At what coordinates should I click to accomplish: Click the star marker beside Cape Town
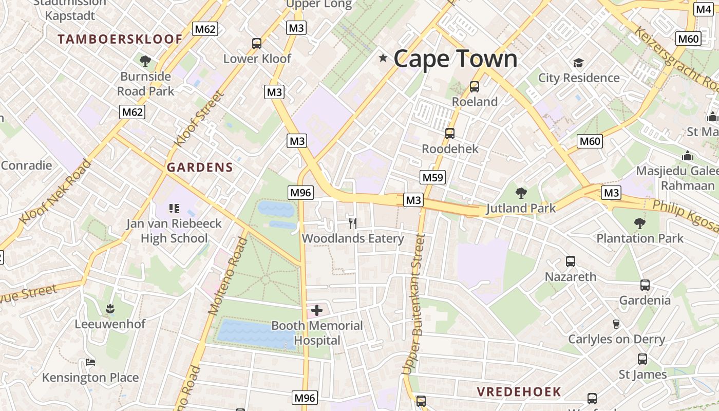[x=383, y=58]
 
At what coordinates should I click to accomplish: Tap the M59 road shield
[x=432, y=178]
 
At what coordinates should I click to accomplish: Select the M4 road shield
[x=703, y=9]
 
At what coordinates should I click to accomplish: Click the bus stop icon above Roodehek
[x=450, y=134]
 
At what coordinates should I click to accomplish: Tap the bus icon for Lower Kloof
[x=257, y=44]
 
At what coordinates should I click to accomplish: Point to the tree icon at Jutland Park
[x=521, y=193]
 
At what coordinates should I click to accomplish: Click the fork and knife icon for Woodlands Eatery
[x=352, y=223]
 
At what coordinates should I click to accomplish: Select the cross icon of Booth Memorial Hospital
[x=317, y=310]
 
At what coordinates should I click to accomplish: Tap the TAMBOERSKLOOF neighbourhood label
[x=120, y=39]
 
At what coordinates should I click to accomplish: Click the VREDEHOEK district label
[x=519, y=392]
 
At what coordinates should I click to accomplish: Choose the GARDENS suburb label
[x=200, y=167]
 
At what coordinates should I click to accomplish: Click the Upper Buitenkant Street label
[x=414, y=304]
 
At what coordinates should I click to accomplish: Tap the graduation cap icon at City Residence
[x=579, y=63]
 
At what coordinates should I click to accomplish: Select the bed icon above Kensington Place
[x=90, y=362]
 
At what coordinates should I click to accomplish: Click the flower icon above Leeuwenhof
[x=109, y=309]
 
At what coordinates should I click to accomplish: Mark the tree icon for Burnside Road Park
[x=145, y=61]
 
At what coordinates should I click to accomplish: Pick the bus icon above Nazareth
[x=570, y=261]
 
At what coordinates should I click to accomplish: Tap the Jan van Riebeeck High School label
[x=174, y=231]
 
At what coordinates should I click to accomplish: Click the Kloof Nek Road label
[x=55, y=193]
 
